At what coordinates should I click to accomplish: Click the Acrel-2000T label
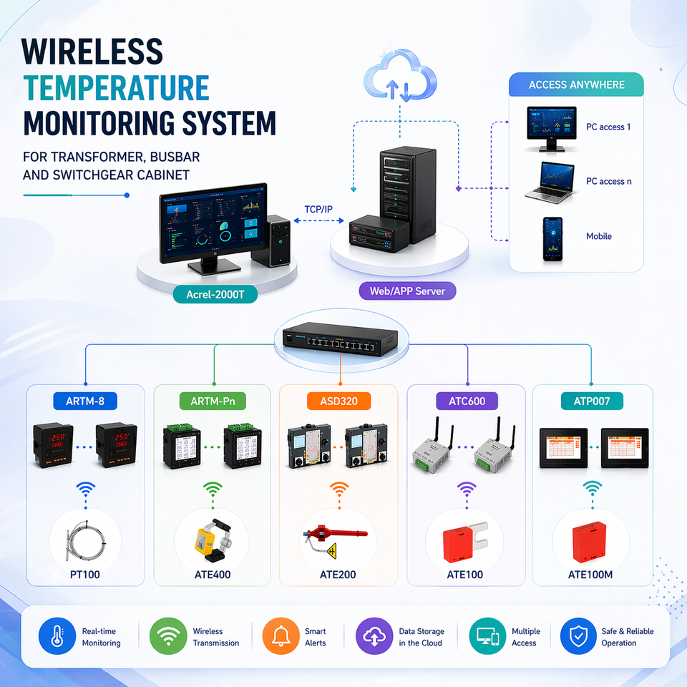[x=215, y=294]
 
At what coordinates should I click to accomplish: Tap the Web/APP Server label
[x=407, y=291]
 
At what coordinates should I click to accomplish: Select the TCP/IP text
[x=318, y=210]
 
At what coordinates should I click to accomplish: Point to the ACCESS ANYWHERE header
[x=576, y=84]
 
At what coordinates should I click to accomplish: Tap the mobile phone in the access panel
[x=552, y=239]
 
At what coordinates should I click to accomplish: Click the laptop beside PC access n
[x=550, y=182]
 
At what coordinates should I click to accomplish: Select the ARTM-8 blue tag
[x=85, y=401]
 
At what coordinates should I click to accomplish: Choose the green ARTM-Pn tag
[x=213, y=401]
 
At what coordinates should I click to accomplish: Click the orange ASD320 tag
[x=338, y=401]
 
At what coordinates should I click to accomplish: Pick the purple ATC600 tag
[x=467, y=401]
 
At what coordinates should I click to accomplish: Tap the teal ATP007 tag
[x=592, y=401]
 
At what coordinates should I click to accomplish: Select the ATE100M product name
[x=590, y=575]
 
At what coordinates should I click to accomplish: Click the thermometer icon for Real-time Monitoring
[x=57, y=636]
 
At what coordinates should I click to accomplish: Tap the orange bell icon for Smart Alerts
[x=281, y=636]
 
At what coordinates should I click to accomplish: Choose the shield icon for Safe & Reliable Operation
[x=579, y=636]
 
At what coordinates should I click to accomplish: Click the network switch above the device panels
[x=340, y=338]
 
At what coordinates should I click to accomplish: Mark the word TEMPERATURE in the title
[x=116, y=88]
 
